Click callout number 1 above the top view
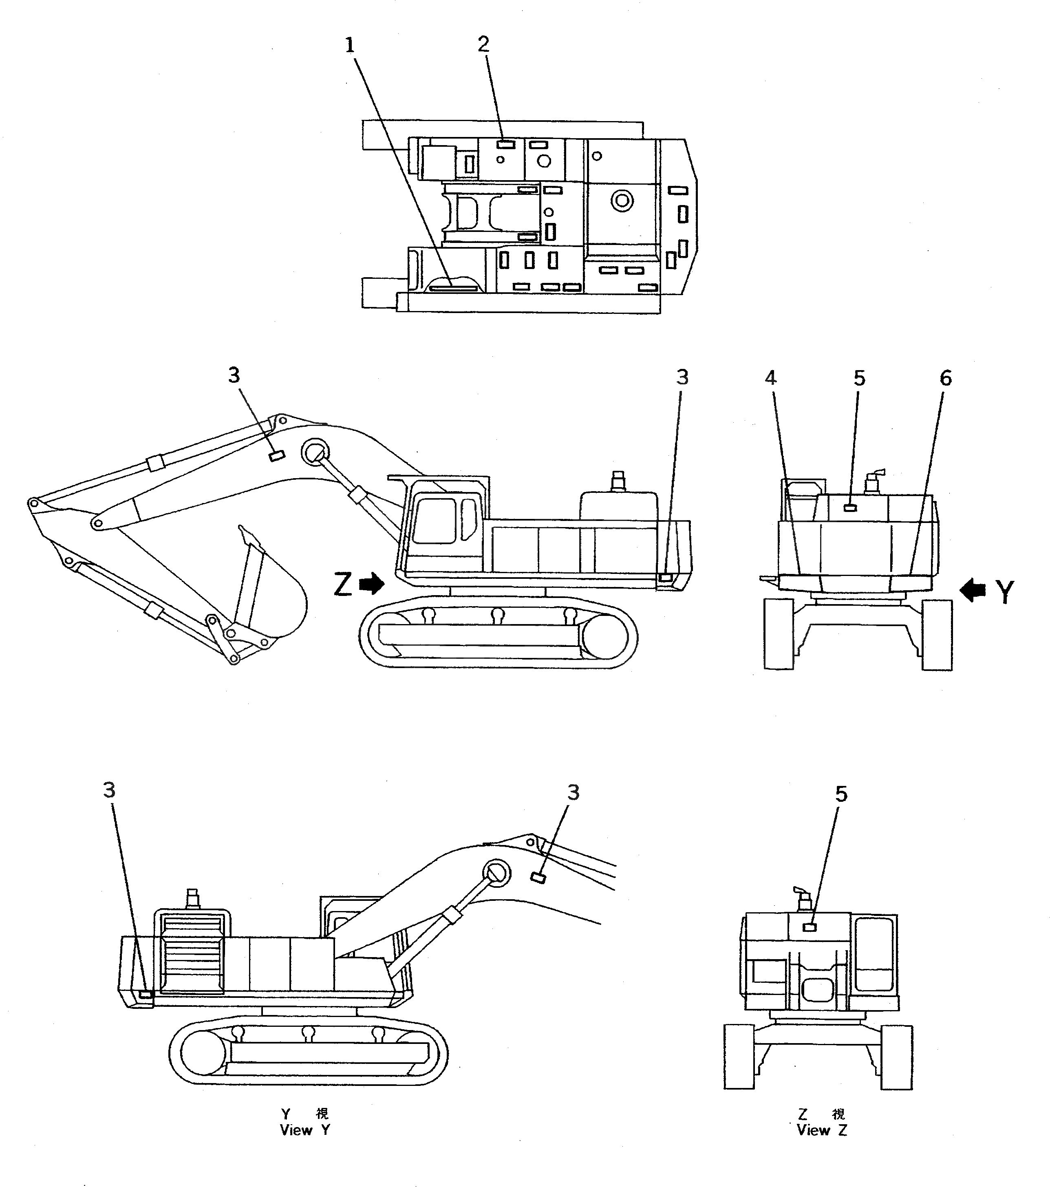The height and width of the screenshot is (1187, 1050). click(350, 45)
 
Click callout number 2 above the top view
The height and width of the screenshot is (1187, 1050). click(483, 44)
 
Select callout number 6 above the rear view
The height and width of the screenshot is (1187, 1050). click(946, 379)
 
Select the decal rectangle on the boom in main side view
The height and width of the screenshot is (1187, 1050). click(275, 456)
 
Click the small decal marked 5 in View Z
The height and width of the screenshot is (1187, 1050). click(809, 927)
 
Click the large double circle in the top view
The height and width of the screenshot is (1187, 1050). click(622, 201)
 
